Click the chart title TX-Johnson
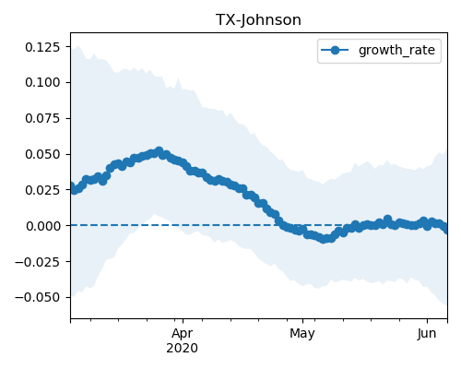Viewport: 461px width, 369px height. tap(258, 20)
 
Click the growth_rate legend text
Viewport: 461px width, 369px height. tap(396, 50)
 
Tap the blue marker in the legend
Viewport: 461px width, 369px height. tap(335, 50)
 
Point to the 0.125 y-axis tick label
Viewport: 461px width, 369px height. tap(42, 47)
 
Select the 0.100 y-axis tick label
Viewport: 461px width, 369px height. tap(42, 82)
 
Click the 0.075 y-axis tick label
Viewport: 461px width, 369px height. tap(42, 118)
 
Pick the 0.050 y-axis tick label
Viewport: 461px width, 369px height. tap(42, 154)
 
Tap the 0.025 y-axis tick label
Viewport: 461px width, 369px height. tap(42, 190)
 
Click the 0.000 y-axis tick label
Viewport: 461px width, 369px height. tap(42, 226)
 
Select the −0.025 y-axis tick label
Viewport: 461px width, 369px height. tap(37, 262)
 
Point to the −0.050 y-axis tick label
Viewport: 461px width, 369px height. tap(37, 297)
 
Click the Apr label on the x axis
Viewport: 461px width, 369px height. tap(183, 334)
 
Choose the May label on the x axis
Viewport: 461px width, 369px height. tap(302, 334)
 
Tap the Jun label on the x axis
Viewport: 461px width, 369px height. tap(427, 334)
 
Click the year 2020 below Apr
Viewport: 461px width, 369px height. tap(183, 349)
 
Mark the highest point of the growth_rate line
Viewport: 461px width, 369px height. tap(159, 151)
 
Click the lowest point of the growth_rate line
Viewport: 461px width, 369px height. tap(323, 239)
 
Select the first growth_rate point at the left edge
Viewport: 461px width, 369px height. tap(71, 186)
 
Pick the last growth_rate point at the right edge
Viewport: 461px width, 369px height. tap(445, 229)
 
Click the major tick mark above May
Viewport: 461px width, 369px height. tap(302, 321)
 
